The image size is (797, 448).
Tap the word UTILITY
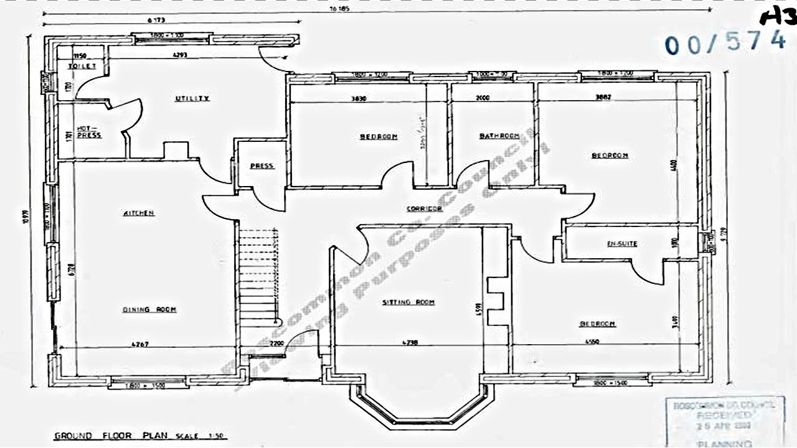pyautogui.click(x=192, y=98)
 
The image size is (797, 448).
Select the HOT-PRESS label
pyautogui.click(x=89, y=132)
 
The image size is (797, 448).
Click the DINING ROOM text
pyautogui.click(x=149, y=309)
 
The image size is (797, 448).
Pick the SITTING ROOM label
pyautogui.click(x=408, y=302)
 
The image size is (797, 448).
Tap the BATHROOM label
pyautogui.click(x=499, y=136)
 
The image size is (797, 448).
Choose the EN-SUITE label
pyautogui.click(x=621, y=244)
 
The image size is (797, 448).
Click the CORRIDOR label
pyautogui.click(x=424, y=209)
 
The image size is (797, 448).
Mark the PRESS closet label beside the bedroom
pyautogui.click(x=262, y=166)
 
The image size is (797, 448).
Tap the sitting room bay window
pyautogui.click(x=422, y=404)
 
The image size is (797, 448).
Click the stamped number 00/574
pyautogui.click(x=725, y=43)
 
